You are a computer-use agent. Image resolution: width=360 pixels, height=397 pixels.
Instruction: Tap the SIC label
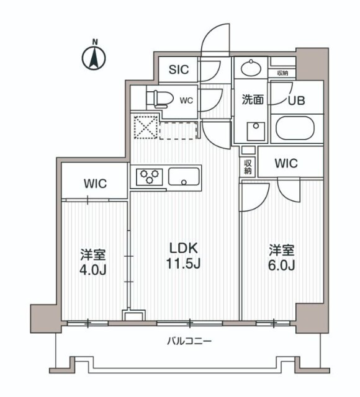(179, 69)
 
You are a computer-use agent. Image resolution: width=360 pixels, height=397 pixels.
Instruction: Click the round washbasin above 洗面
(251, 67)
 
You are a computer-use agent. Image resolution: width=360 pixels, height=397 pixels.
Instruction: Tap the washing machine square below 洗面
(254, 131)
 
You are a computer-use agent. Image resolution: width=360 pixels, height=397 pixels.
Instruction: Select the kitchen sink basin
(184, 177)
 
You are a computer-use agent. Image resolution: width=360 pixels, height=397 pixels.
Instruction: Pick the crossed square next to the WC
(144, 128)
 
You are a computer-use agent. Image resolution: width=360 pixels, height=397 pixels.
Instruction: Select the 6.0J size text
(281, 265)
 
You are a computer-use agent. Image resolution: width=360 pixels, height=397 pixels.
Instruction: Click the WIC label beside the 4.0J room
(96, 184)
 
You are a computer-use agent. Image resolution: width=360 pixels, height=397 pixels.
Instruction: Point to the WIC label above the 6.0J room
(286, 164)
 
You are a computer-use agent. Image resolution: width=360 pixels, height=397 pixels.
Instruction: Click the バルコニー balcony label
(189, 341)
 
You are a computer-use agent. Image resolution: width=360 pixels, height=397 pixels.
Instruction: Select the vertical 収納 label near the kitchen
(248, 167)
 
